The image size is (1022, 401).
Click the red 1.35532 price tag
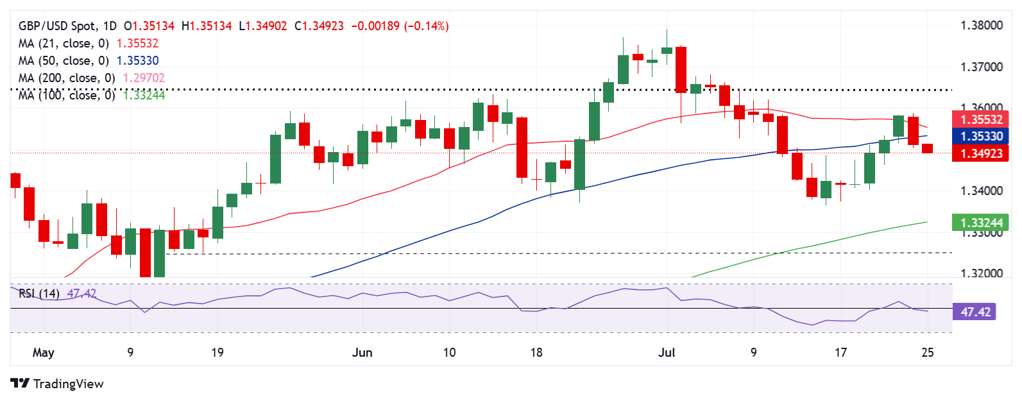(981, 119)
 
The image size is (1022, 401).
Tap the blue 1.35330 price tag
(981, 136)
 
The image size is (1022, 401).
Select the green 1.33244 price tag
(981, 223)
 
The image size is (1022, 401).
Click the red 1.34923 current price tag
(981, 153)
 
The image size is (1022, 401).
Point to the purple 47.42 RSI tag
(975, 312)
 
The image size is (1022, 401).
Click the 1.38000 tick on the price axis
(981, 26)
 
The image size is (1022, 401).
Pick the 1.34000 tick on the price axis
(981, 191)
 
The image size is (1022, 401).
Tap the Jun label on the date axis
(362, 352)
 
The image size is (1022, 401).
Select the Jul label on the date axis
(667, 352)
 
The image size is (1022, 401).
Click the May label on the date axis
(43, 352)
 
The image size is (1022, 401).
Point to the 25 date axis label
(927, 352)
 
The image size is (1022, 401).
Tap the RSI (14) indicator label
(39, 293)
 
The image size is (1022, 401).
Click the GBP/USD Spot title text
(59, 26)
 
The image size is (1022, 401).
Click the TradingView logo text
(68, 384)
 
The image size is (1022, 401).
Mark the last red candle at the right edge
(927, 148)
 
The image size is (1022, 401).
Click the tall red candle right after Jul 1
(681, 69)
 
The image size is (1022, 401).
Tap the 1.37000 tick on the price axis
(981, 67)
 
